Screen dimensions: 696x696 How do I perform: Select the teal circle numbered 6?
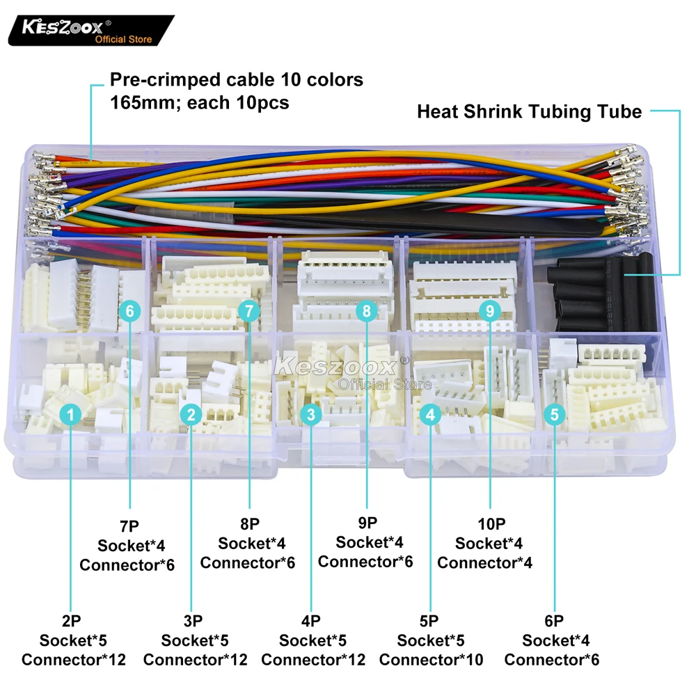(x=129, y=310)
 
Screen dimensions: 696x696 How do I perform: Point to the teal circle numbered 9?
(x=490, y=310)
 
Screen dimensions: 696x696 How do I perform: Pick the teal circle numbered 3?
(x=311, y=416)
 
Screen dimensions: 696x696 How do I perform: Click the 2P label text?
(x=72, y=619)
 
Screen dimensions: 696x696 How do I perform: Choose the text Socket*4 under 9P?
(x=369, y=541)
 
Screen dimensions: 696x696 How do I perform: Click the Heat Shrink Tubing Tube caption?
(x=529, y=111)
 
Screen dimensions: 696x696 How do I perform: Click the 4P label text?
(x=312, y=619)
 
